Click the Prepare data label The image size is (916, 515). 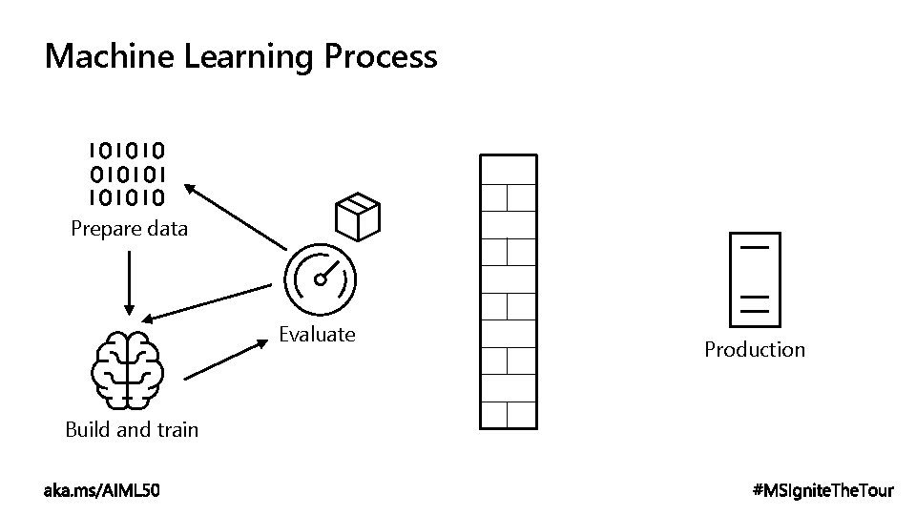click(x=130, y=229)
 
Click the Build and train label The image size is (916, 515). click(x=132, y=429)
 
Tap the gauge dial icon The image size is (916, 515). click(x=320, y=278)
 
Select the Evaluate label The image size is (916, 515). click(x=317, y=335)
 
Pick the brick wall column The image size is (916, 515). click(x=507, y=291)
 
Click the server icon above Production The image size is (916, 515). click(x=754, y=278)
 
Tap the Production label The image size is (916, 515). click(x=755, y=350)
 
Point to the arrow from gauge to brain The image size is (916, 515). click(x=205, y=302)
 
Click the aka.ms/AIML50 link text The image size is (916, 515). click(x=102, y=490)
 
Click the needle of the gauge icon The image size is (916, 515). click(x=326, y=273)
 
